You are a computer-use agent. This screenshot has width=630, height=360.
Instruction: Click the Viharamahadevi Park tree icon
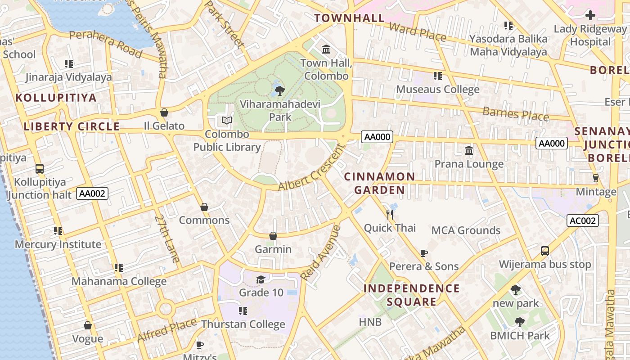pyautogui.click(x=279, y=91)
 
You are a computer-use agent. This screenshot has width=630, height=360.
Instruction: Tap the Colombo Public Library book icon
pyautogui.click(x=227, y=121)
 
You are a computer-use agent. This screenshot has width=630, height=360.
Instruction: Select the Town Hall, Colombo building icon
pyautogui.click(x=326, y=49)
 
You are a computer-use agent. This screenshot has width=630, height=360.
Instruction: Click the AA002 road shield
pyautogui.click(x=92, y=193)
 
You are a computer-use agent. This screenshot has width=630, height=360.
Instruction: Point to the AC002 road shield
pyautogui.click(x=582, y=220)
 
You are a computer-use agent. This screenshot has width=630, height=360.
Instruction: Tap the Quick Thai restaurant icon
pyautogui.click(x=390, y=214)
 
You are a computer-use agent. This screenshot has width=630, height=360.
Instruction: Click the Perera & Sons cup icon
pyautogui.click(x=423, y=253)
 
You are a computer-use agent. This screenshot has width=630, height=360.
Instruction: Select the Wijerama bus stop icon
pyautogui.click(x=544, y=251)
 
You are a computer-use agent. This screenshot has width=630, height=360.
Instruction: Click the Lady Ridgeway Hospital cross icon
pyautogui.click(x=590, y=15)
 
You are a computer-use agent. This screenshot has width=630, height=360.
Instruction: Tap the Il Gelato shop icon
pyautogui.click(x=164, y=112)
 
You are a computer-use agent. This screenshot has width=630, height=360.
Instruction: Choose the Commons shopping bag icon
pyautogui.click(x=204, y=207)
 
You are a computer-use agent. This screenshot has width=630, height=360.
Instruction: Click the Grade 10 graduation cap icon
pyautogui.click(x=261, y=280)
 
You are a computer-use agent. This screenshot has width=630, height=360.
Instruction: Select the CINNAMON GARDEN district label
pyautogui.click(x=379, y=183)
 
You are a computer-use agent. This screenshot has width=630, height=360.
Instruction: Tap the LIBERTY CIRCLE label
pyautogui.click(x=72, y=126)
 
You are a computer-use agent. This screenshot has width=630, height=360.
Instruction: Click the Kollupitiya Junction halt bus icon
pyautogui.click(x=40, y=169)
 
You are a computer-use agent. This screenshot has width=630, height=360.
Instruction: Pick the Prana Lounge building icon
pyautogui.click(x=469, y=150)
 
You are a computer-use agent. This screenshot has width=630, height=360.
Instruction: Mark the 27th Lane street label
pyautogui.click(x=167, y=238)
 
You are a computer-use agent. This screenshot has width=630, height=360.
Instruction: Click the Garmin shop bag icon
pyautogui.click(x=273, y=236)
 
